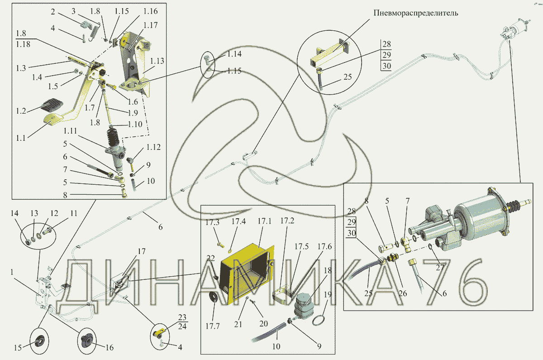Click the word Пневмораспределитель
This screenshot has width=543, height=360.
click(415, 13)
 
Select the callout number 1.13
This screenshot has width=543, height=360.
click(157, 61)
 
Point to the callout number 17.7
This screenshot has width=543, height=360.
click(213, 326)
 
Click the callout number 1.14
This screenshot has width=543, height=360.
click(234, 54)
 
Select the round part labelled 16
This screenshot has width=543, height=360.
click(86, 341)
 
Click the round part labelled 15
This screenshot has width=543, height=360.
click(39, 341)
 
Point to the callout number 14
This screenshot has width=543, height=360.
click(14, 213)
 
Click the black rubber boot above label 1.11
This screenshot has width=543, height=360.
click(113, 137)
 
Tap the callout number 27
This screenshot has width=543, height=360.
click(440, 267)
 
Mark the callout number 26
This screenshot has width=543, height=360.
click(403, 293)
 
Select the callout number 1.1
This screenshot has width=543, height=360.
click(21, 138)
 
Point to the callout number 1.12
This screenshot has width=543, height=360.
click(153, 147)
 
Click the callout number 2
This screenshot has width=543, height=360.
click(53, 11)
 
